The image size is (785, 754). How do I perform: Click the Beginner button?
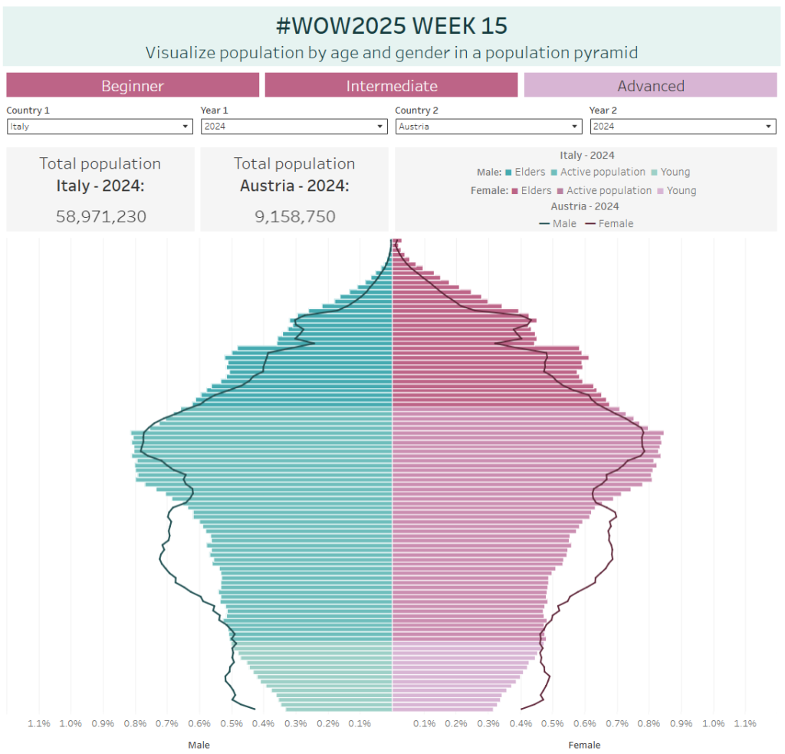133,85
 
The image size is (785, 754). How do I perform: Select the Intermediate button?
391,85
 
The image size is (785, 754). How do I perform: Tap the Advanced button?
650,85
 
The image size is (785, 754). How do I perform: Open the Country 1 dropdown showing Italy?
100,127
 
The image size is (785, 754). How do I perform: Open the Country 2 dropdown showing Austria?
488,127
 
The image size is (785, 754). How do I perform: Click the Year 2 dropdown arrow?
769,127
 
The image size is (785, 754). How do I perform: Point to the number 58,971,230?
100,216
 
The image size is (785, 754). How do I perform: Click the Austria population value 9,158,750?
295,216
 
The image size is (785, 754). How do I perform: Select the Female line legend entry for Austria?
609,223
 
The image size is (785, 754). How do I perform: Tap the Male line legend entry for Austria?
558,223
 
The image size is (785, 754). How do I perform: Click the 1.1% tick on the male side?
38,723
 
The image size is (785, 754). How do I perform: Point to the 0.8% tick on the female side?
649,723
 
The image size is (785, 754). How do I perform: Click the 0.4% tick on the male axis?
264,723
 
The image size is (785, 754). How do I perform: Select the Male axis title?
199,745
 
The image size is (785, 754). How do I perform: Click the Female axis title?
584,745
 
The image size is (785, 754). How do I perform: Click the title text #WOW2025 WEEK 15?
391,25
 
